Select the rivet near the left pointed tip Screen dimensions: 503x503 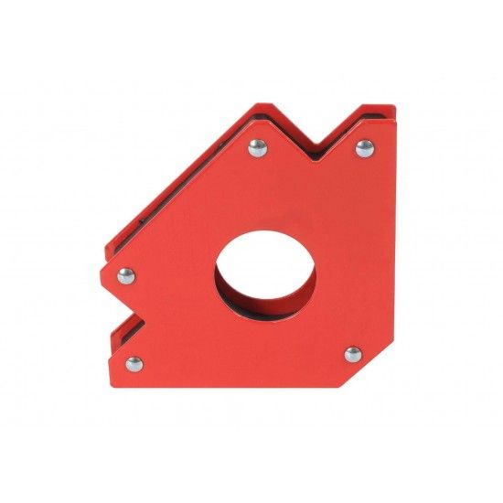[x=126, y=273]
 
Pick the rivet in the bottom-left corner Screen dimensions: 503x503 [x=134, y=363]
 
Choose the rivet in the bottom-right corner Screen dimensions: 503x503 [x=353, y=354]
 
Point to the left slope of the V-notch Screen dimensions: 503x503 [x=291, y=130]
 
